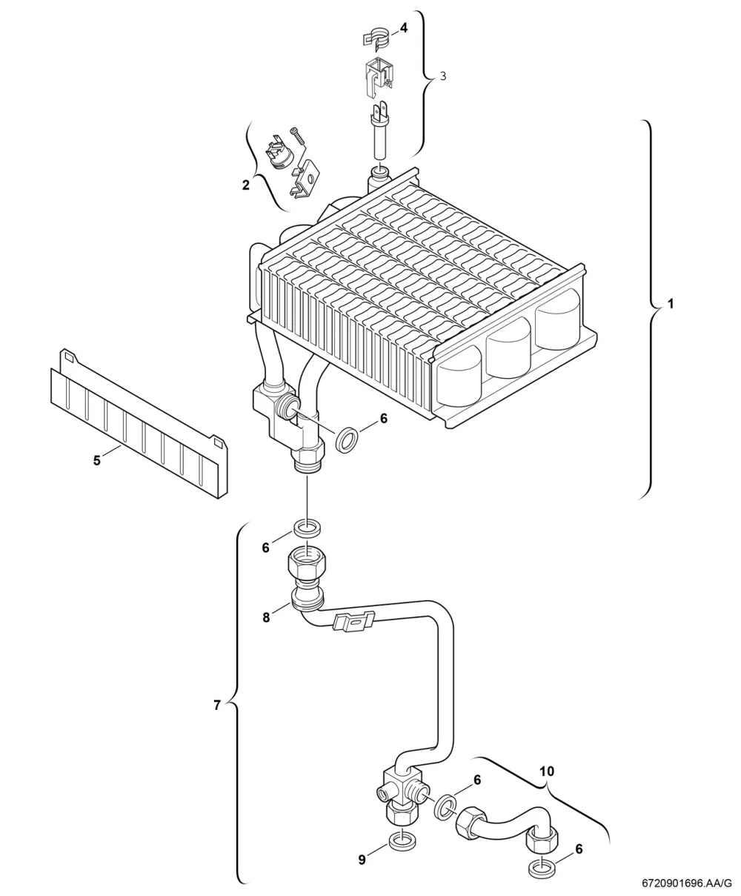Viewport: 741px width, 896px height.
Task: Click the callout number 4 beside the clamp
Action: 403,28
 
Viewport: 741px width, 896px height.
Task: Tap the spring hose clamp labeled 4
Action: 376,37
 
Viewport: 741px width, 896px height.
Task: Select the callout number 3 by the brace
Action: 443,76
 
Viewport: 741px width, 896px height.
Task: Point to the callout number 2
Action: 245,185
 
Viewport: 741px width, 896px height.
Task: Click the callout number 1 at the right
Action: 671,304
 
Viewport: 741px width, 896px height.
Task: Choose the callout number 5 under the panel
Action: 97,460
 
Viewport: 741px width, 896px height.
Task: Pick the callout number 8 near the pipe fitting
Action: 266,617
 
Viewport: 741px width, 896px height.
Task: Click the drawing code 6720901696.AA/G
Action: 686,883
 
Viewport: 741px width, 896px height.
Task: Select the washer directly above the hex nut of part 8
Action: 308,528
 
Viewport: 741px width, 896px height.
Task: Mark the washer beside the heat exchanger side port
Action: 347,439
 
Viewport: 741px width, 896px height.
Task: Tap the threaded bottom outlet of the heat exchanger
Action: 308,460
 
